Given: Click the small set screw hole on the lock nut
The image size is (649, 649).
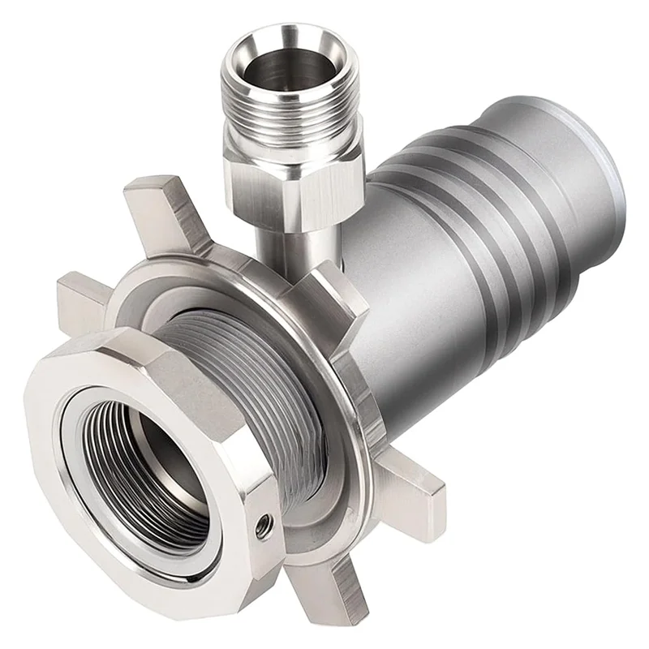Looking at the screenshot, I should (x=262, y=527).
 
